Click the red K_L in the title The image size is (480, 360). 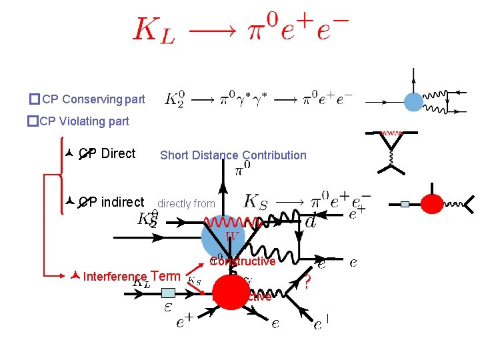click(154, 30)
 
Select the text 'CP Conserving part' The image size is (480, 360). click(93, 100)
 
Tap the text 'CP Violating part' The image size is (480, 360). click(84, 121)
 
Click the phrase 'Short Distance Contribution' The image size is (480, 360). click(233, 155)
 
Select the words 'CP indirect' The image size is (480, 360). click(111, 202)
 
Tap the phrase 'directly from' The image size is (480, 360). click(186, 204)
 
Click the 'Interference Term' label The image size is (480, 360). click(131, 277)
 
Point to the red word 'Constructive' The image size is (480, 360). click(243, 261)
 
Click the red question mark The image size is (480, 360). click(307, 283)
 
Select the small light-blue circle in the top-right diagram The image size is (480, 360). click(414, 101)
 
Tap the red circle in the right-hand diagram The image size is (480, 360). click(431, 203)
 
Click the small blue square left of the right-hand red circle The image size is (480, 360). click(405, 204)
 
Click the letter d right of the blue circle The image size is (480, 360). click(310, 221)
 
